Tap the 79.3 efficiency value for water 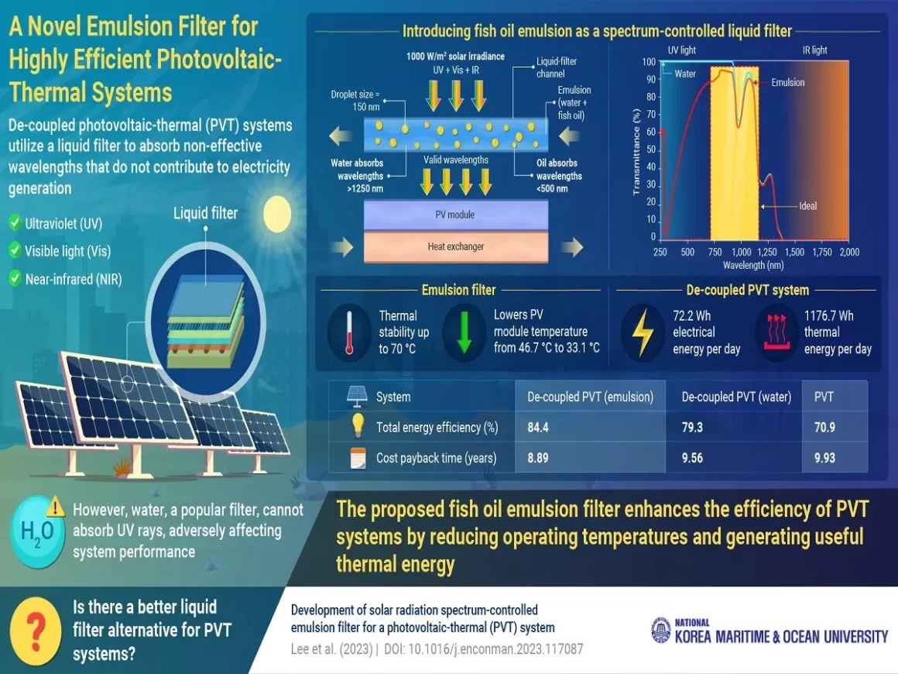[x=692, y=427]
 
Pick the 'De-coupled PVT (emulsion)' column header [x=591, y=397]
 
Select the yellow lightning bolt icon [x=643, y=332]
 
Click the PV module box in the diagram [x=456, y=214]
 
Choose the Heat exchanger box [x=456, y=246]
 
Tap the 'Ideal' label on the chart [x=807, y=207]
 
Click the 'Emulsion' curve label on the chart [x=787, y=83]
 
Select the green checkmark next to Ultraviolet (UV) [x=14, y=224]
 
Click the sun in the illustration [x=276, y=215]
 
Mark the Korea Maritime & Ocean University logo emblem [x=660, y=630]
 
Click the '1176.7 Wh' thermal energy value [x=828, y=316]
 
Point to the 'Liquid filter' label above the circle [x=205, y=211]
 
